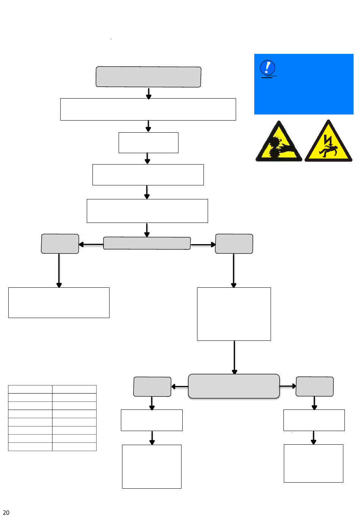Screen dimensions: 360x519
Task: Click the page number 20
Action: click(6, 512)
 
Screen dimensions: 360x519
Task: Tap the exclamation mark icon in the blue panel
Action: click(267, 67)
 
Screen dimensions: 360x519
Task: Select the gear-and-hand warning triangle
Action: click(279, 141)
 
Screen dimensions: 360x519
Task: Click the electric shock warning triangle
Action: click(328, 140)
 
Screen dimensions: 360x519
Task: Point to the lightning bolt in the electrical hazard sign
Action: click(328, 140)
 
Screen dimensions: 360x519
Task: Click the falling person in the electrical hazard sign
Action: click(328, 151)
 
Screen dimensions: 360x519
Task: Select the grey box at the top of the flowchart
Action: click(149, 77)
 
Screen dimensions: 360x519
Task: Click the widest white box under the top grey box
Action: click(148, 109)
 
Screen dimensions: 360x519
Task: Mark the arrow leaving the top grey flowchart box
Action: click(149, 93)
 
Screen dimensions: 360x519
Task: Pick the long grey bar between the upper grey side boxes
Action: click(147, 243)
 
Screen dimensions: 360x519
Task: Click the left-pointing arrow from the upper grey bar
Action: click(91, 244)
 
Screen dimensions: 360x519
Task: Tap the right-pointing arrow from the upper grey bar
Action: click(203, 245)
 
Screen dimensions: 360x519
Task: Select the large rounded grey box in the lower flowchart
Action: click(234, 386)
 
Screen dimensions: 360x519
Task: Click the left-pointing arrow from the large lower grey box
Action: click(180, 386)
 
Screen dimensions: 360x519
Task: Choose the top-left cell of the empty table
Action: click(30, 389)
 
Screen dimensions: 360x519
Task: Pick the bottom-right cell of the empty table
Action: click(74, 447)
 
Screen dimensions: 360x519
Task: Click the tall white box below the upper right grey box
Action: click(234, 314)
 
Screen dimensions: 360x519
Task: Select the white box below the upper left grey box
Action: click(59, 303)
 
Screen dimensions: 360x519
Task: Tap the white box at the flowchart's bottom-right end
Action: click(313, 463)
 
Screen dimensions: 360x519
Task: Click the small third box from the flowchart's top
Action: click(149, 143)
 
